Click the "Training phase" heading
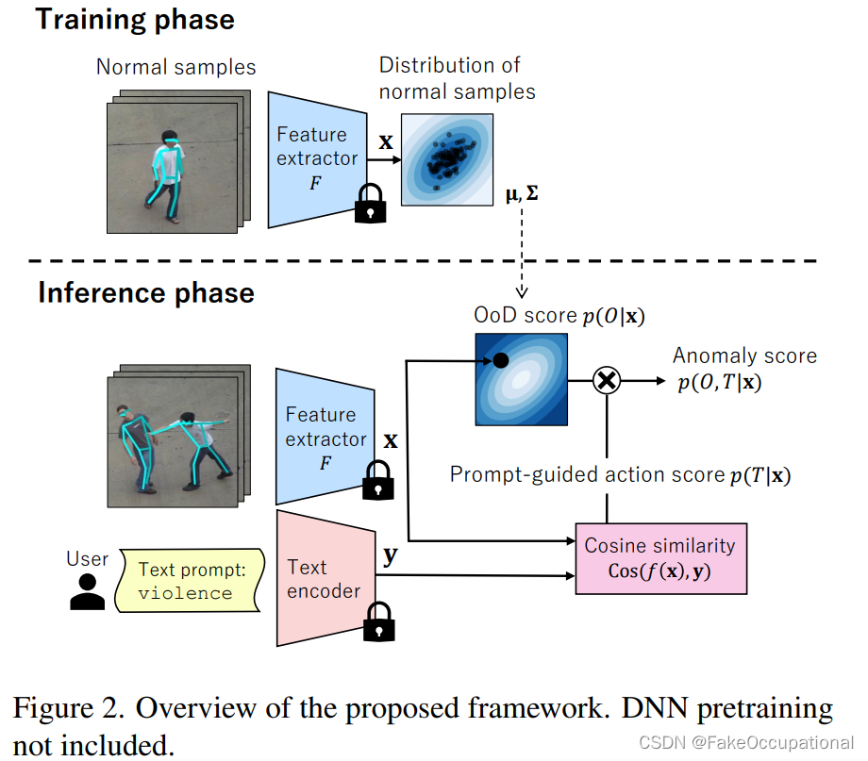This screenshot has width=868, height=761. click(136, 20)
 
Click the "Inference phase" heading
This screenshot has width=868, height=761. click(146, 293)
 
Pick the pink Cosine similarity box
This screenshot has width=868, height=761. click(660, 558)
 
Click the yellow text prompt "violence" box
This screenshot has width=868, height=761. click(187, 582)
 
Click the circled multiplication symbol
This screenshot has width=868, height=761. click(605, 381)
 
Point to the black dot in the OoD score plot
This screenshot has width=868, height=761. click(500, 360)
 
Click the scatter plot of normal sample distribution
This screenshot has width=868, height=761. click(447, 158)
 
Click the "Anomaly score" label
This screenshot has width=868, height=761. click(744, 356)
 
